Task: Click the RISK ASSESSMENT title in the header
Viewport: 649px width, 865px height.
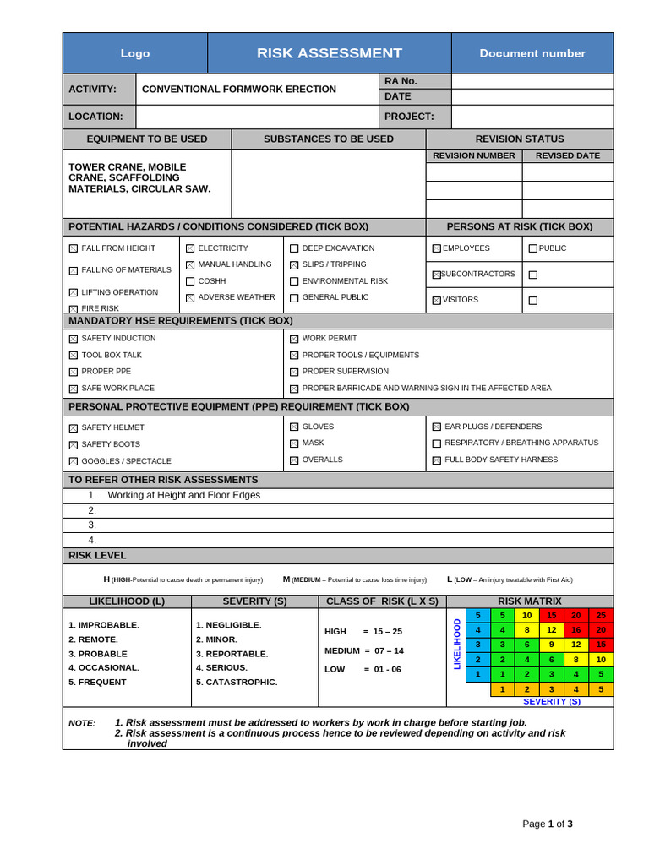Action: (330, 53)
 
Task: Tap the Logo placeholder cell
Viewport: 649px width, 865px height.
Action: (135, 53)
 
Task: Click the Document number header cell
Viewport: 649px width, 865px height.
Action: (532, 53)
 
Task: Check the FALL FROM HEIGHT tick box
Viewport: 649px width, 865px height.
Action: (74, 248)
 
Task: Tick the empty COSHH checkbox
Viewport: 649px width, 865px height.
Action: (190, 281)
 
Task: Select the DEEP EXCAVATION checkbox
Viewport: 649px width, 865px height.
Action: (294, 248)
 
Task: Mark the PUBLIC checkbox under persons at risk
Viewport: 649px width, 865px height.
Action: (532, 248)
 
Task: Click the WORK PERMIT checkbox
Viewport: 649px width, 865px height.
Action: (294, 339)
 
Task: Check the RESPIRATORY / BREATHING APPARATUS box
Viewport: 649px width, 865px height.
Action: (437, 443)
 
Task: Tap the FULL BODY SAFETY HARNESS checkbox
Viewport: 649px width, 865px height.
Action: (437, 460)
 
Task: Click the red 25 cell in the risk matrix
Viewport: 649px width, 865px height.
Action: (601, 616)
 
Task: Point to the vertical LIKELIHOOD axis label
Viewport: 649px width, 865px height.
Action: (457, 645)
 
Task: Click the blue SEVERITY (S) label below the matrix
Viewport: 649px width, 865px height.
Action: (552, 701)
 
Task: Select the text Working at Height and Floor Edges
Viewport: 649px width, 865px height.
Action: (184, 495)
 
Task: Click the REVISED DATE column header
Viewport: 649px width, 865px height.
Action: (568, 155)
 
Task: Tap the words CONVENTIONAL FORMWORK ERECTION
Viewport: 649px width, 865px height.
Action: (239, 89)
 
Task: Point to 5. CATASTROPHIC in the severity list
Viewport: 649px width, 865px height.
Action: (237, 682)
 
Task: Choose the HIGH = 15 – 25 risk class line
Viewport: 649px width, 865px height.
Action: (363, 631)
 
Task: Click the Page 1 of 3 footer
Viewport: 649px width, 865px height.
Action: (548, 824)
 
